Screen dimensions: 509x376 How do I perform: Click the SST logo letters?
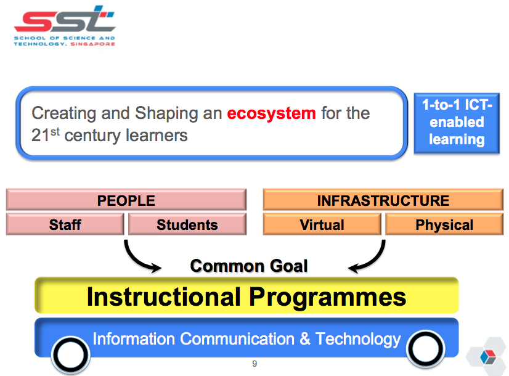coord(65,19)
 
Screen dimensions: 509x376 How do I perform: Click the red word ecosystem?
coord(271,113)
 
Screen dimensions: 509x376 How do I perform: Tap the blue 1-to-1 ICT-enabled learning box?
coord(457,123)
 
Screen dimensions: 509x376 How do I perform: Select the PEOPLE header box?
coord(126,200)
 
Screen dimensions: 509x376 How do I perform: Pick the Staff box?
coord(65,224)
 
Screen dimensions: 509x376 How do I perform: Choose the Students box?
coord(187,224)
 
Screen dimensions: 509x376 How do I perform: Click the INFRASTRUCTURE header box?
coord(383,200)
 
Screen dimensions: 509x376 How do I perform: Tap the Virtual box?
coord(322,224)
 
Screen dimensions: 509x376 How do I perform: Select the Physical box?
coord(444,224)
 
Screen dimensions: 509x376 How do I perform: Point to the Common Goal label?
coord(249,266)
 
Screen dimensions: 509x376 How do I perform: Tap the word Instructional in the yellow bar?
coord(164,296)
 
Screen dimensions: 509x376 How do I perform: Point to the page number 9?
coord(254,364)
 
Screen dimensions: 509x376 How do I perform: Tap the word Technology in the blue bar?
coord(358,340)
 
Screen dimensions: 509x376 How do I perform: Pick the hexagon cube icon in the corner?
coord(487,356)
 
